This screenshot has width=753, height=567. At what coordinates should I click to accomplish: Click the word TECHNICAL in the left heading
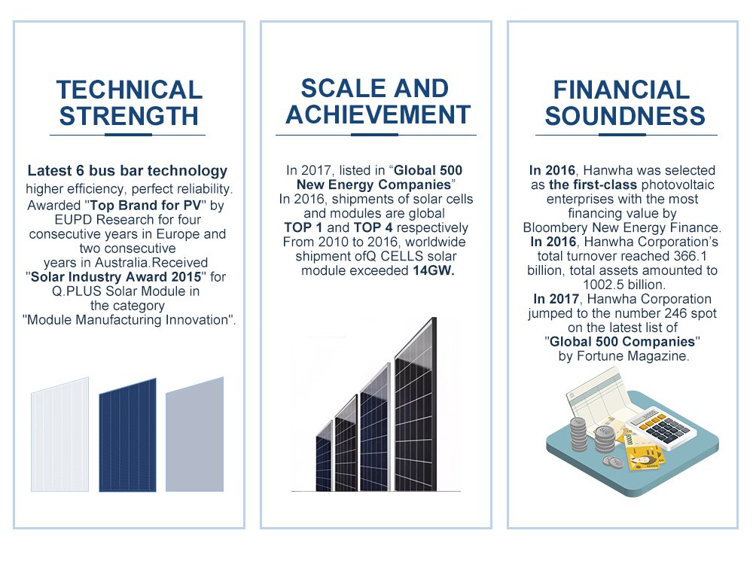click(130, 90)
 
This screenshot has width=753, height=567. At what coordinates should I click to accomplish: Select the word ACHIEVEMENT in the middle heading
click(378, 114)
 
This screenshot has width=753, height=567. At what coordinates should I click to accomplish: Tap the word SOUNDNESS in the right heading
click(625, 116)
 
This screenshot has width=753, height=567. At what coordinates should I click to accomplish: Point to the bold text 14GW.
click(434, 270)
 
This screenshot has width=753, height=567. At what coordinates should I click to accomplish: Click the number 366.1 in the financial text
click(690, 256)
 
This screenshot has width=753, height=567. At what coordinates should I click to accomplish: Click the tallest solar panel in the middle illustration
click(416, 408)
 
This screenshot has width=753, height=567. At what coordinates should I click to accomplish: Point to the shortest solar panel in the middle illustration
click(324, 456)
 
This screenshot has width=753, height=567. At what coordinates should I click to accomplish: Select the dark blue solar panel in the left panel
click(128, 435)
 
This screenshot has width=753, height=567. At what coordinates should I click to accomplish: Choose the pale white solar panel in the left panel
click(60, 434)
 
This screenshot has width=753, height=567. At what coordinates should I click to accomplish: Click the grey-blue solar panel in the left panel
click(194, 434)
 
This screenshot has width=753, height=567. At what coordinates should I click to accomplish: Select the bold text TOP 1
click(303, 227)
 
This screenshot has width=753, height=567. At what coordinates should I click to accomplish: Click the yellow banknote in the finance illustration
click(644, 456)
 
